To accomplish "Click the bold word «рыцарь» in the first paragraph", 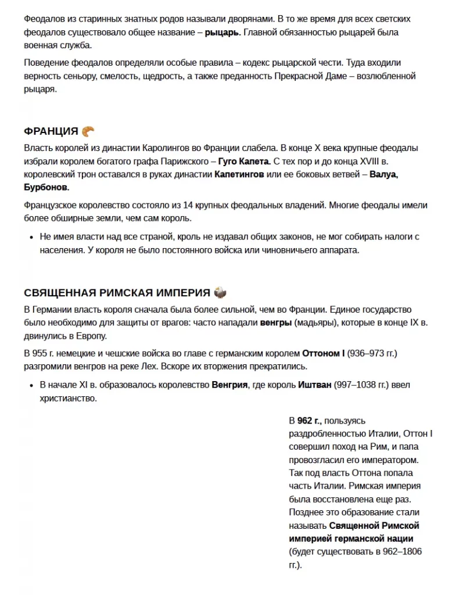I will point(221,33).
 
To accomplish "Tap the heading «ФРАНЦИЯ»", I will point(51,131).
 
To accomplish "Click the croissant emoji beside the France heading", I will point(88,131).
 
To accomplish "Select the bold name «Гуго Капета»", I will point(243,161).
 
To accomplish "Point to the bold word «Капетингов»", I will point(239,174).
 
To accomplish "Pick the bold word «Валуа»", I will point(383,174).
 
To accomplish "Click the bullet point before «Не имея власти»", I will point(30,238).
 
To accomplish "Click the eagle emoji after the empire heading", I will point(220,292).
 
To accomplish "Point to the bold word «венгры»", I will point(276,322).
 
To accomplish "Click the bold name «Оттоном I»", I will point(323,354).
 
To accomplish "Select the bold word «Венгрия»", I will point(229,385).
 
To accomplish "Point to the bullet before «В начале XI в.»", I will point(30,385).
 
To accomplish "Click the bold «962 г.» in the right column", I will point(309,420).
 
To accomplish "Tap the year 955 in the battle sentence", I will point(41,354).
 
